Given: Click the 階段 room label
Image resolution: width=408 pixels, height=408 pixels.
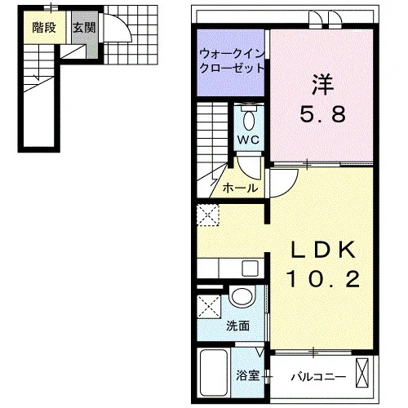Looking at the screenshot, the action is coord(44,28).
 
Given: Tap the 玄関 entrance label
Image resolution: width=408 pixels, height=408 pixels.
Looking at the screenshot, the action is coord(84,28).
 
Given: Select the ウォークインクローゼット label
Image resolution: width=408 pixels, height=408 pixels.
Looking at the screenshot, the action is coord(232,61).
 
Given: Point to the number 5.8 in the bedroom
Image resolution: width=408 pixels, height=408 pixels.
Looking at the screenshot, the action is coord(323,113).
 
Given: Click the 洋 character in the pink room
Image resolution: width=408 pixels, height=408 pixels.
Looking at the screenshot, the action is coord(323,85).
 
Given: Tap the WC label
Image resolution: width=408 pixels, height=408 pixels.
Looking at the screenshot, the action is coord(248,140).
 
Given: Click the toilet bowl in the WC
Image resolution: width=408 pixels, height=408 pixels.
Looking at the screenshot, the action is coord(249,121).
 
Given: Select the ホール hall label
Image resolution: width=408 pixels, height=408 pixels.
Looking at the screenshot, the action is coord(240,188).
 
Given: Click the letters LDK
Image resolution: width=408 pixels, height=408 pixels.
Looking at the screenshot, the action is coord(323,250).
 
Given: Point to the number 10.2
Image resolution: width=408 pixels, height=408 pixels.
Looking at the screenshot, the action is coord(323,279).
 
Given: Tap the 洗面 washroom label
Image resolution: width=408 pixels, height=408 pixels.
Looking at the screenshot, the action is coord(238,326).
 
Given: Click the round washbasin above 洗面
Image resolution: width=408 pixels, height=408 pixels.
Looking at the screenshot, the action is coord(242,296).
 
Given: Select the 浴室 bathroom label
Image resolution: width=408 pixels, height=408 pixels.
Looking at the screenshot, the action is coord(247,375).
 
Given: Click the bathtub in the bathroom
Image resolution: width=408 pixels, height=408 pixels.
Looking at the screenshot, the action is coord(214,373).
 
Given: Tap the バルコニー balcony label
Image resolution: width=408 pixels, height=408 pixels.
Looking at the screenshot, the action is coord(318,377).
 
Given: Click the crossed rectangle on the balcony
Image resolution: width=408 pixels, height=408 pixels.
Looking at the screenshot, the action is coord(362,373).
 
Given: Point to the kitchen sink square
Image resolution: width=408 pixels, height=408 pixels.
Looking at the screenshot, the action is coord(251,268).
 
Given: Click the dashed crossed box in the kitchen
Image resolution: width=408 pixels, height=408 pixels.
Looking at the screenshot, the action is coord(208,215).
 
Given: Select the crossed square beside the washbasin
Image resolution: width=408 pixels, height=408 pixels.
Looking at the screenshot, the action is coord(209,307).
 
